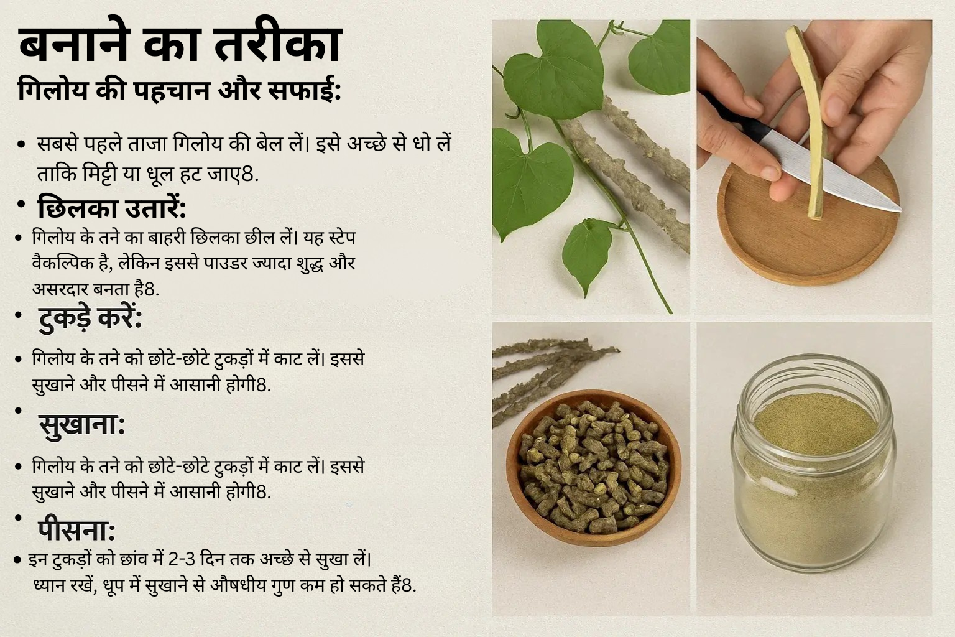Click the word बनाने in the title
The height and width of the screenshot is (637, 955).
point(73,43)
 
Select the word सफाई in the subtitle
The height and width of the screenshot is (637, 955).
point(302,90)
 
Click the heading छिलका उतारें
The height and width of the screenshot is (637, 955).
point(112,208)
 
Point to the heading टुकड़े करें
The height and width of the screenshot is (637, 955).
point(90,319)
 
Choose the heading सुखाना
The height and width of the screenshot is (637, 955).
point(81,425)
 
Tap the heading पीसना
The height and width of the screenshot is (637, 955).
point(76,531)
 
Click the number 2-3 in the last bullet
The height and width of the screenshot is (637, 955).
point(181,559)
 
